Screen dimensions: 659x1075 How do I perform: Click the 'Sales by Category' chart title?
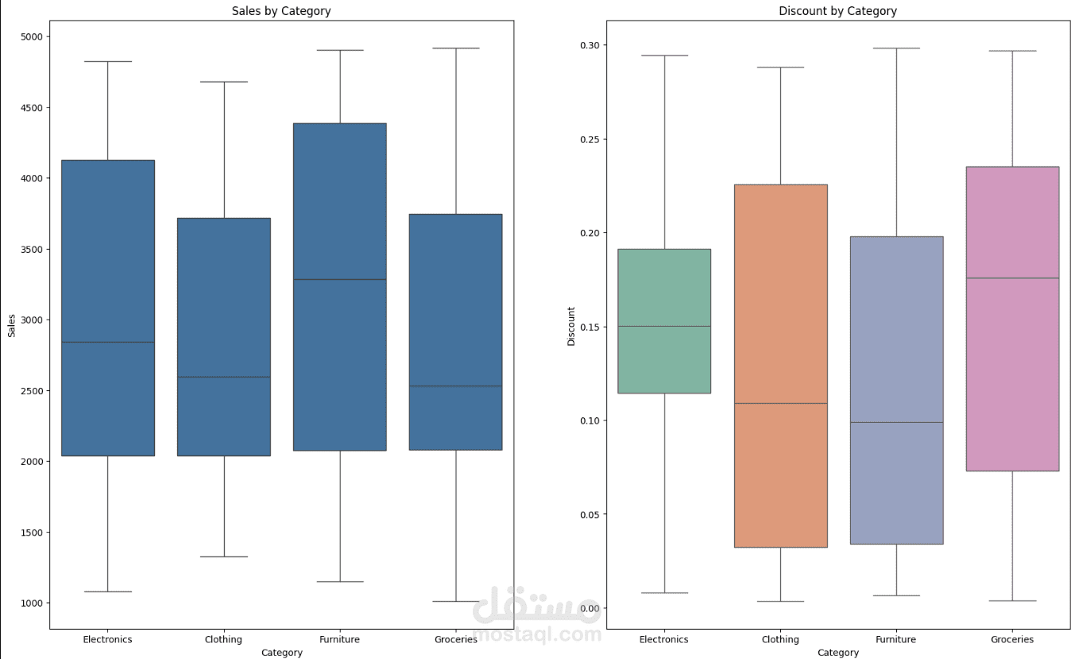point(281,11)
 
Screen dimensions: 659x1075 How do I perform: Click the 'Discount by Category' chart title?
point(837,11)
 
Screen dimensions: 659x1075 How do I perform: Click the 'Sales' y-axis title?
point(12,324)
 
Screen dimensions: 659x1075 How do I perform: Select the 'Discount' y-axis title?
point(571,326)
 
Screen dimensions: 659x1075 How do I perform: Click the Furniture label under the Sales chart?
point(339,639)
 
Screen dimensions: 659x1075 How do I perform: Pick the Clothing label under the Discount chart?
point(780,639)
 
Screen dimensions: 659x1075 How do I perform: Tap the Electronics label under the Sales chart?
point(107,639)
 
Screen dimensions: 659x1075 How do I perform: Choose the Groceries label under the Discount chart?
point(1012,639)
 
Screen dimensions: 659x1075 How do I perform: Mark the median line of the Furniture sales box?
point(339,279)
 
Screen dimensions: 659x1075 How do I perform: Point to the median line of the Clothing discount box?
point(780,403)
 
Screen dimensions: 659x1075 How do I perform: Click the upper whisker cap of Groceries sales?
point(456,48)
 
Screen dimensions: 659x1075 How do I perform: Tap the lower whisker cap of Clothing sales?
point(223,556)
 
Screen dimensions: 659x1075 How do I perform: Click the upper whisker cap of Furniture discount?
point(896,48)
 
